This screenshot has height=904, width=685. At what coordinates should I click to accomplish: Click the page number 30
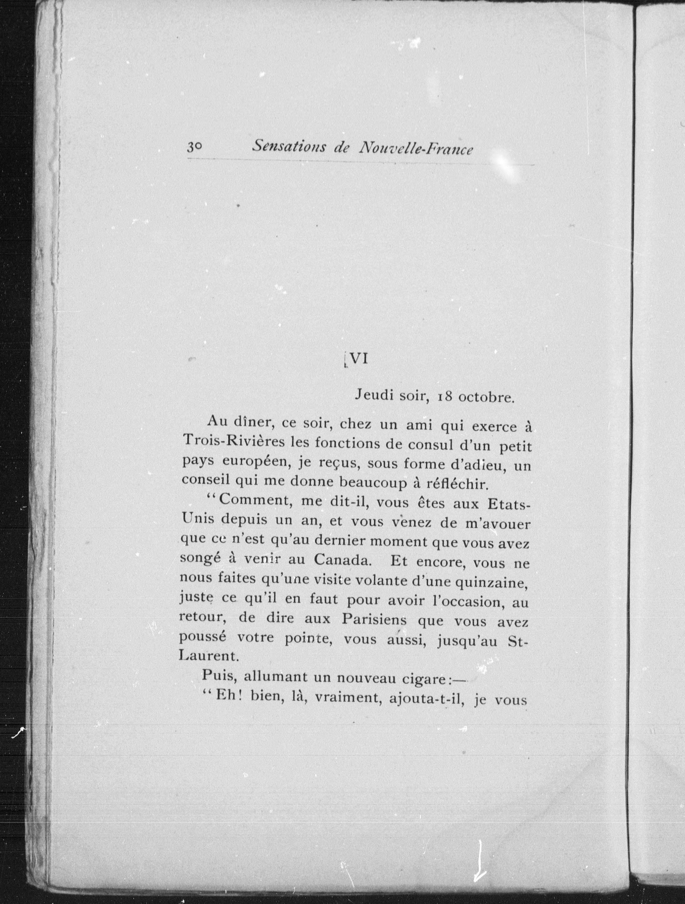[x=195, y=147]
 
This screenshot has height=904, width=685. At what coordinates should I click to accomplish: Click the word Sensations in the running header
[x=289, y=147]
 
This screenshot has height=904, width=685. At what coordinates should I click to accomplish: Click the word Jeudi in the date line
[x=372, y=395]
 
